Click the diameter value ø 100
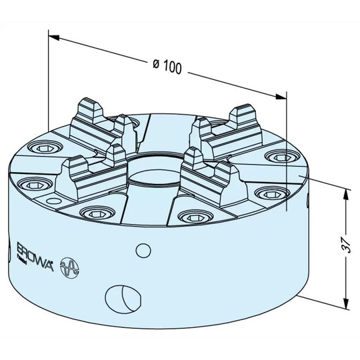(167, 66)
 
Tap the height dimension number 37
(345, 245)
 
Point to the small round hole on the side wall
(143, 251)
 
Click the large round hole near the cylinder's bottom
(123, 299)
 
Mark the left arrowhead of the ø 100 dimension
(54, 37)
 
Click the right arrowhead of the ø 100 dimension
(281, 97)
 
